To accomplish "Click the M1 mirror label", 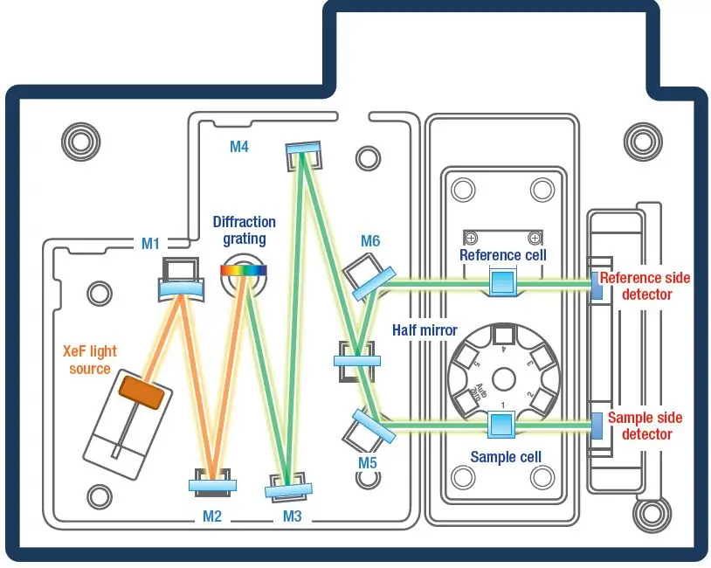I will pos(151,244).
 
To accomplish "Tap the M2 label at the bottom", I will pos(213,516).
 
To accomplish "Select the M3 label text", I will pos(292,516).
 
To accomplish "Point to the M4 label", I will pos(239,147).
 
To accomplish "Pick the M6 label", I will pos(370,240).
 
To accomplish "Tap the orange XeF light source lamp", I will pos(142,391).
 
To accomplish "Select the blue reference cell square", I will pos(502,282).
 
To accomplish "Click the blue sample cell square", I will pos(501,425).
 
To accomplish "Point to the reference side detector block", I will pos(596,284).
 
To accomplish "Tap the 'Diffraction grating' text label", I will pos(244,231).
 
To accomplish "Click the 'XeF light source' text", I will pos(89,360).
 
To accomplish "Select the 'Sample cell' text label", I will pos(506,457).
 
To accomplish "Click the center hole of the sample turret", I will pos(502,378).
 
